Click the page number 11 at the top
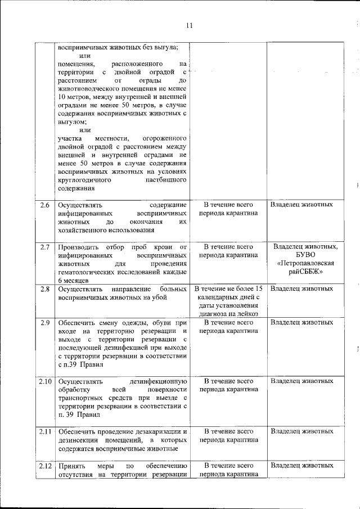(x=189, y=25)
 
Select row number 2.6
(x=45, y=204)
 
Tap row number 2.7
(x=45, y=247)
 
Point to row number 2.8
(x=45, y=289)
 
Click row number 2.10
(x=45, y=381)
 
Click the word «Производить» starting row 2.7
(x=78, y=247)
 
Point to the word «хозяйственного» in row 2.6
(x=84, y=229)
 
